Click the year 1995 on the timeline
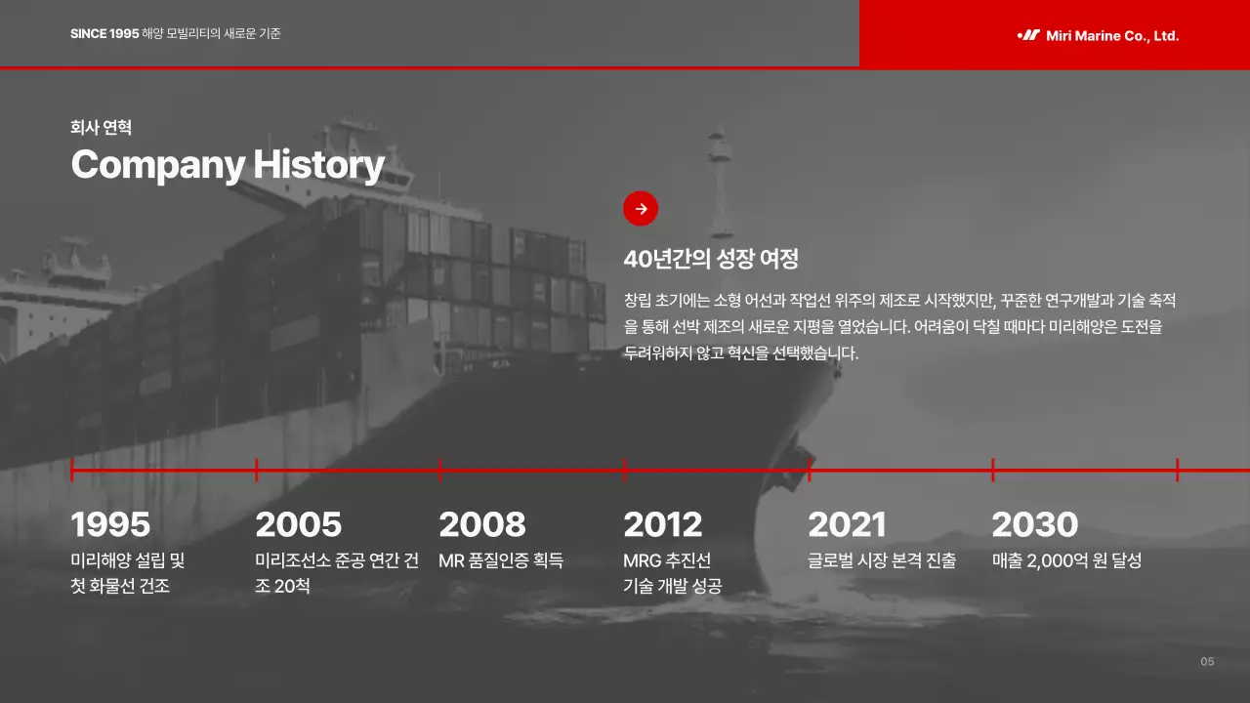(110, 524)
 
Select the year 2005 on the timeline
(298, 524)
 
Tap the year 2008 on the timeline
(482, 524)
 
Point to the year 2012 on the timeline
(662, 524)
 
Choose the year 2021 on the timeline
(847, 524)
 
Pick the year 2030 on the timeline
(1034, 524)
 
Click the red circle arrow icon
(641, 208)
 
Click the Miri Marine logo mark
(1028, 35)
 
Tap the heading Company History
(228, 164)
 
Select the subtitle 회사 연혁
(101, 127)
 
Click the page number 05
(1207, 662)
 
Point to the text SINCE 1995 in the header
(104, 34)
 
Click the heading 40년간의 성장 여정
(711, 259)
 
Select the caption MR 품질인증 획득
(501, 560)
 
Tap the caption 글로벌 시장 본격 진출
(882, 560)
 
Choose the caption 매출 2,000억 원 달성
(1066, 560)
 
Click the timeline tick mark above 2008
(440, 470)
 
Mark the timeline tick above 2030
(993, 470)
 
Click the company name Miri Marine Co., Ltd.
(1112, 36)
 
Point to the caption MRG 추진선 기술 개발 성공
(672, 573)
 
